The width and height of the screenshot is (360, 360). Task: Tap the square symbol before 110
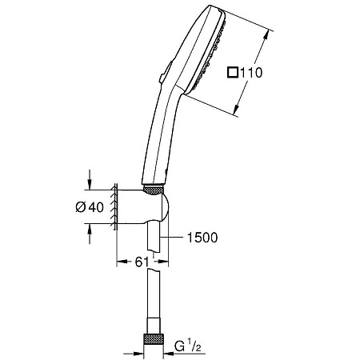click(232, 73)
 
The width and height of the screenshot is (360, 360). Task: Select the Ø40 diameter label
click(90, 206)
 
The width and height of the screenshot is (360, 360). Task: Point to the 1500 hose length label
click(200, 237)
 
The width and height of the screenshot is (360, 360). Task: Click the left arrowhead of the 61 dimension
click(121, 262)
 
